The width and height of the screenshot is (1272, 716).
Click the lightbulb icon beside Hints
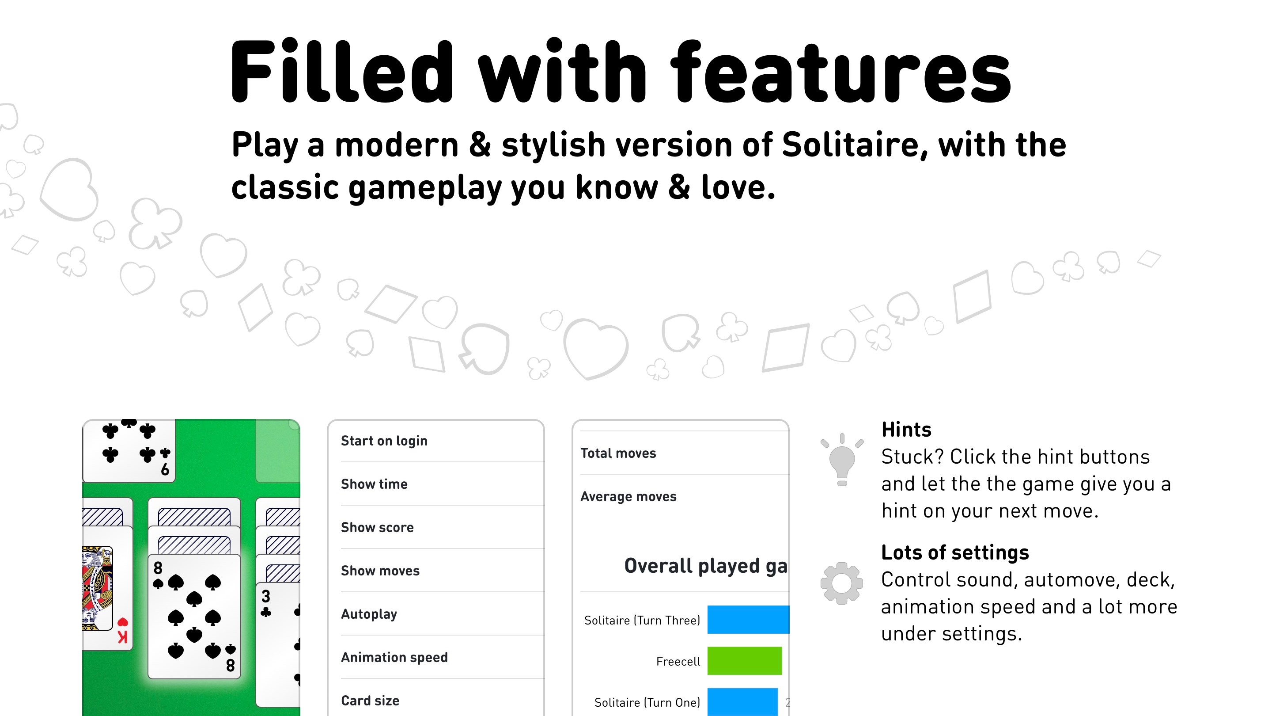[x=842, y=460]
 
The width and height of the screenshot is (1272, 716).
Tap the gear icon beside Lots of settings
[x=841, y=583]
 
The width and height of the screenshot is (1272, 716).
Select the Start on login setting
[x=384, y=441]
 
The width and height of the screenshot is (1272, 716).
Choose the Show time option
[x=374, y=484]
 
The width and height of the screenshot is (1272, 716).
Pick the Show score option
[x=377, y=528]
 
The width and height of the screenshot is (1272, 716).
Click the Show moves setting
[x=380, y=571]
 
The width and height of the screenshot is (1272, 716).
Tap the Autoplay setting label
[x=369, y=614]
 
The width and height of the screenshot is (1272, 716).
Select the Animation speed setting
[x=394, y=658]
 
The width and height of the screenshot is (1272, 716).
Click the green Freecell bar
[x=744, y=661]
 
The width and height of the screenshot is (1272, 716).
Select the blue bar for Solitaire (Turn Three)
[x=748, y=620]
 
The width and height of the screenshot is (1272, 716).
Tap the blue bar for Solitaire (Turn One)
[x=742, y=702]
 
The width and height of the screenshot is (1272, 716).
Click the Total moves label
[x=618, y=453]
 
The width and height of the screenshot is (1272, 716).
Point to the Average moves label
[x=628, y=497]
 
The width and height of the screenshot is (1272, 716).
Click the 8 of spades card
[x=194, y=617]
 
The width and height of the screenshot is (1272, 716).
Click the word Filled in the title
[x=341, y=72]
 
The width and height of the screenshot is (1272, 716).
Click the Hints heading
[x=906, y=430]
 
